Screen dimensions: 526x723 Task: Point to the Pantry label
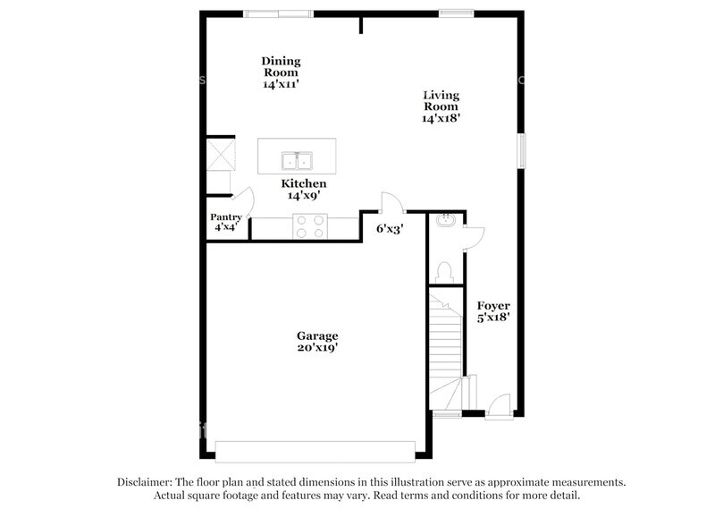coord(226,217)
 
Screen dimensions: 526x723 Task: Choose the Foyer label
coord(493,306)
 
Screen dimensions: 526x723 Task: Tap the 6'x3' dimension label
coord(390,228)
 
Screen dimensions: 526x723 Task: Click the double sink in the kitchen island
coord(298,161)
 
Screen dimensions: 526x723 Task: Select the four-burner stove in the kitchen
coord(310,227)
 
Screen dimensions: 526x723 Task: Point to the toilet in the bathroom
coord(446,271)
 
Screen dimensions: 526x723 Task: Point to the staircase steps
coord(443,340)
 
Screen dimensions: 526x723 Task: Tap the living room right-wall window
coord(520,149)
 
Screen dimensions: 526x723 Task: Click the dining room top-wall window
coord(279,13)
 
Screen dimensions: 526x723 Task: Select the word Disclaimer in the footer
coord(147,481)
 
